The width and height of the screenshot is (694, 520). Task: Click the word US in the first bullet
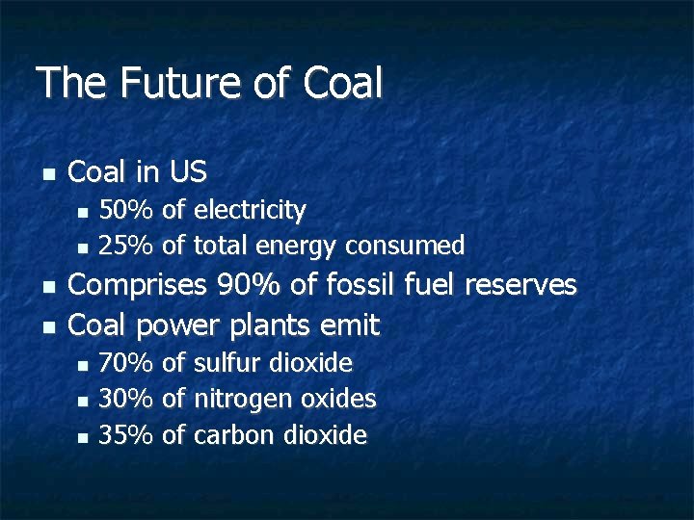pos(187,172)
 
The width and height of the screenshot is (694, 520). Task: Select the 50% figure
pos(126,210)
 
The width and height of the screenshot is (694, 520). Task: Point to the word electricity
pos(250,210)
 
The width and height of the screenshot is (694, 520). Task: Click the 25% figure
pos(126,246)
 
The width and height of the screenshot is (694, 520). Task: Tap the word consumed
pos(405,246)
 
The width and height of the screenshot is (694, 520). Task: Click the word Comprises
pos(138,286)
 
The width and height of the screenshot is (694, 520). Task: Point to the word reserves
pos(520,285)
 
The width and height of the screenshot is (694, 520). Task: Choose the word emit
pos(353,325)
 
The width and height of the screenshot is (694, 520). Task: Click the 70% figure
pos(126,363)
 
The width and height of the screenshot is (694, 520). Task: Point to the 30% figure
pos(126,399)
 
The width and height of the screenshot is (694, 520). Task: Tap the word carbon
pos(234,435)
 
